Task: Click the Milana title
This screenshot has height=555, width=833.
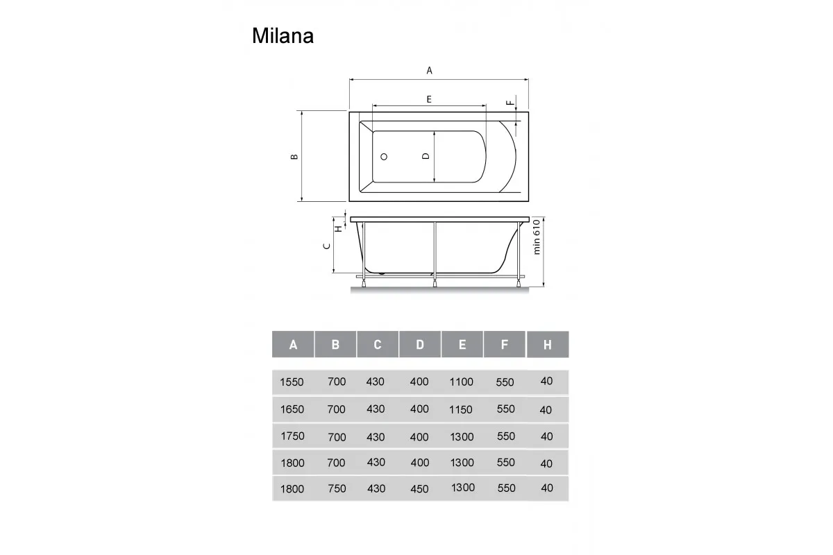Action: pos(283,36)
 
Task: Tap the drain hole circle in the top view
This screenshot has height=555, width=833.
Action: pos(384,157)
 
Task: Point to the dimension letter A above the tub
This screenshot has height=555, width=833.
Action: pos(429,70)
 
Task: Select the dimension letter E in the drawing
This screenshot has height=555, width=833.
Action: pos(429,99)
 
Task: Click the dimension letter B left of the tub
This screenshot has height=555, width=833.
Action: pos(294,157)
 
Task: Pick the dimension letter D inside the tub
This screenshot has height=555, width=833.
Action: pos(426,157)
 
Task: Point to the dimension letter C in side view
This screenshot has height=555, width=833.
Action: pos(327,247)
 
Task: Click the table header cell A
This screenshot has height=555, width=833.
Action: pos(293,345)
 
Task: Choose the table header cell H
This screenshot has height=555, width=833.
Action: pos(547,345)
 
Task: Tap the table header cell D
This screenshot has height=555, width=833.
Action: pos(420,345)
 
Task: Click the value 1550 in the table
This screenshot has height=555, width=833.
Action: pos(292,382)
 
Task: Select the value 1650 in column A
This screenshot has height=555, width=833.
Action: pos(292,409)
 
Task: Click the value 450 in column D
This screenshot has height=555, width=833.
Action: pos(419,488)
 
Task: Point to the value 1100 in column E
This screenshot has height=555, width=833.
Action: pos(461,382)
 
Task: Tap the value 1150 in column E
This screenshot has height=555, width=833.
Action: pos(461,409)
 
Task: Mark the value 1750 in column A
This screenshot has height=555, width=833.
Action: pos(292,436)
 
